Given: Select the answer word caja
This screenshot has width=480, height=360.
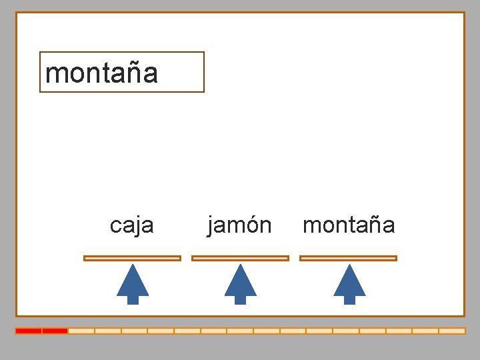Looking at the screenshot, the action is pyautogui.click(x=131, y=225).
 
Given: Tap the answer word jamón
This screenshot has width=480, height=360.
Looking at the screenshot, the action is pyautogui.click(x=239, y=225).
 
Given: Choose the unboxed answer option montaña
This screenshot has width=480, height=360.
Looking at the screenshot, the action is pyautogui.click(x=349, y=225).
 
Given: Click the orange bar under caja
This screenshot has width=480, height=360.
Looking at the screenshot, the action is pyautogui.click(x=132, y=258).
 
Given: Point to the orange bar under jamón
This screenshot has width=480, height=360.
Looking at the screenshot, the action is pyautogui.click(x=240, y=258).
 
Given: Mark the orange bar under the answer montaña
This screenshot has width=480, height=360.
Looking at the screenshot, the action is pyautogui.click(x=348, y=258).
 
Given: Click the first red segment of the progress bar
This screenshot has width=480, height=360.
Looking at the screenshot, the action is pyautogui.click(x=29, y=331).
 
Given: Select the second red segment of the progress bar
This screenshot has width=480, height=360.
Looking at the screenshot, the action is pyautogui.click(x=55, y=331).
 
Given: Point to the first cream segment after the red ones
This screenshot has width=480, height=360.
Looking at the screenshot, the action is pyautogui.click(x=81, y=331).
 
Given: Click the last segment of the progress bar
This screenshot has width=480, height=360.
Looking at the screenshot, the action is pyautogui.click(x=452, y=331).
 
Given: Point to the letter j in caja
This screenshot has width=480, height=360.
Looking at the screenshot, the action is pyautogui.click(x=138, y=227).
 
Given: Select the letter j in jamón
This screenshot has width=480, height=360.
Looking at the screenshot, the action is pyautogui.click(x=211, y=227).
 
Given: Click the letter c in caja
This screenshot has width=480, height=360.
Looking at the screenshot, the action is pyautogui.click(x=115, y=227).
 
